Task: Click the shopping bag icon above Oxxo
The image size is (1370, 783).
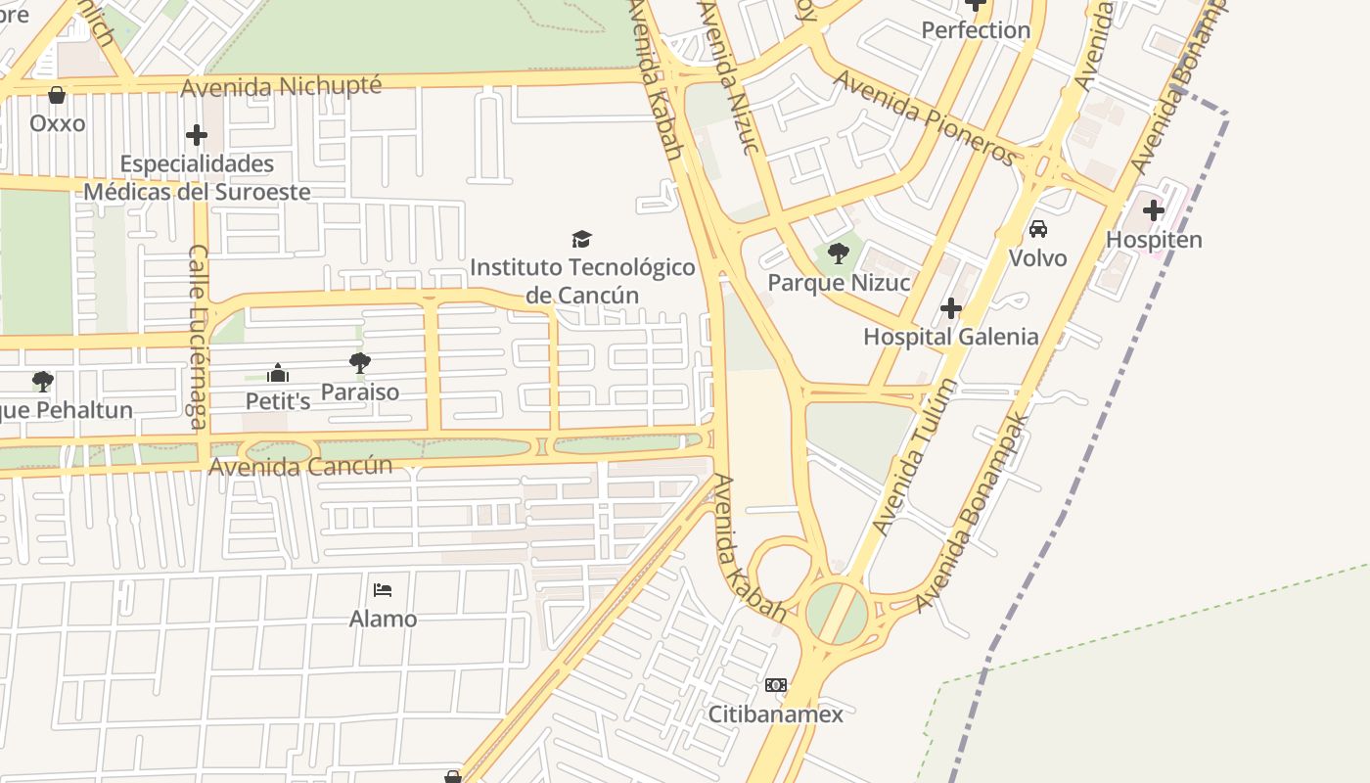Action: (x=57, y=95)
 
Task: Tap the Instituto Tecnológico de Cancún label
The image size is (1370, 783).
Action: (x=582, y=281)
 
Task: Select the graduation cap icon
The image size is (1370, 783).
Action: (x=582, y=239)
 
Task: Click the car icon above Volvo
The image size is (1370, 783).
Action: (x=1038, y=229)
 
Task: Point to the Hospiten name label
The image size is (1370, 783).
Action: (x=1154, y=240)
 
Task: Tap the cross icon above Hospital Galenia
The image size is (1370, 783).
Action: (x=950, y=309)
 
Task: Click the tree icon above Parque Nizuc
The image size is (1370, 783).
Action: (x=838, y=254)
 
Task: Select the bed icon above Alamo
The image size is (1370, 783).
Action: (x=383, y=590)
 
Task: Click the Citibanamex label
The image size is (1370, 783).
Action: (x=776, y=714)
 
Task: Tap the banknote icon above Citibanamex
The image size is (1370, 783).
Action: (x=776, y=685)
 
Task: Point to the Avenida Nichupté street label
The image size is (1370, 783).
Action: (x=281, y=86)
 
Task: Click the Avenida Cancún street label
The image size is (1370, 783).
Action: (x=300, y=466)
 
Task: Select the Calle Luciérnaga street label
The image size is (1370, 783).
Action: (x=199, y=338)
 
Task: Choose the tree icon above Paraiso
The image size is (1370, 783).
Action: (x=360, y=363)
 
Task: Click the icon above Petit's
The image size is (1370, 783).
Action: (x=278, y=373)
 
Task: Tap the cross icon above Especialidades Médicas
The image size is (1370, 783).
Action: (x=197, y=135)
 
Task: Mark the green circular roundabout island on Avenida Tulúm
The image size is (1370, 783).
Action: (x=837, y=614)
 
